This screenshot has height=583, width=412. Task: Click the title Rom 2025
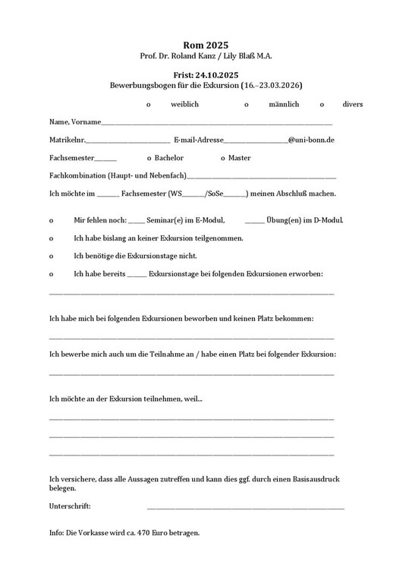[206, 46]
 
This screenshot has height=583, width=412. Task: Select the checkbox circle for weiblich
[149, 105]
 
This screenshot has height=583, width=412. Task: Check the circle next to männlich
[247, 105]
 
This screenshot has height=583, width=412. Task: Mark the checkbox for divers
[322, 105]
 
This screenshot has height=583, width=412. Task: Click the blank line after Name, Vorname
[216, 124]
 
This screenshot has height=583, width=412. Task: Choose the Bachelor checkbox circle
[149, 159]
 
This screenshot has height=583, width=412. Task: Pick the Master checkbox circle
[222, 159]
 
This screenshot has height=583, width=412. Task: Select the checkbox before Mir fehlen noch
[52, 221]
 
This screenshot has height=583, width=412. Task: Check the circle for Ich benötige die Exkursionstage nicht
[52, 257]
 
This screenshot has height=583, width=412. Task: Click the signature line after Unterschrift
[245, 508]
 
